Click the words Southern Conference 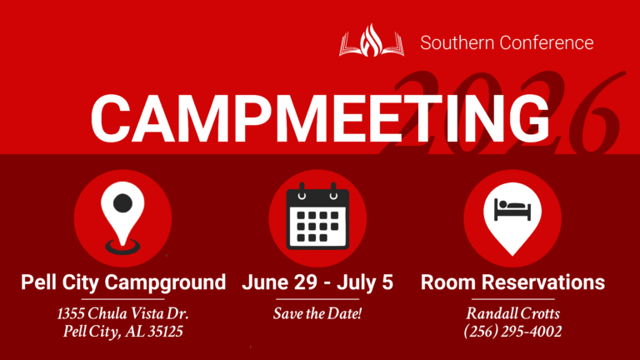click(507, 42)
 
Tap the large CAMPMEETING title click(321, 117)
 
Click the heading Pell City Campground click(123, 282)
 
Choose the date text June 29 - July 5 click(317, 282)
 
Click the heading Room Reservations click(512, 282)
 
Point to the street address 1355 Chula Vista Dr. click(123, 314)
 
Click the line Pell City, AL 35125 click(123, 332)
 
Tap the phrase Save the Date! click(317, 314)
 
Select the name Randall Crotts click(512, 314)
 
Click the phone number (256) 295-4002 click(512, 332)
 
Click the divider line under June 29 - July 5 click(317, 298)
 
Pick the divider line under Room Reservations click(512, 298)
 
